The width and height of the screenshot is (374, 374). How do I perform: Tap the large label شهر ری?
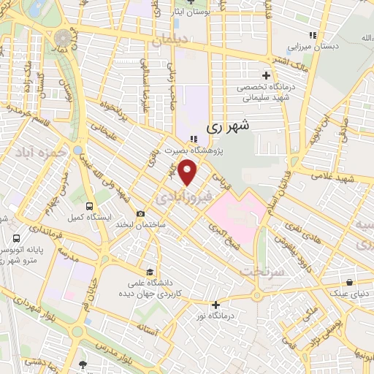click(228, 126)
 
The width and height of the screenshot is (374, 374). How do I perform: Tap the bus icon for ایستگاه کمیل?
click(89, 207)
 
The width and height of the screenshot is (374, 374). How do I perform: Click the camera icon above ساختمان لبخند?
click(140, 213)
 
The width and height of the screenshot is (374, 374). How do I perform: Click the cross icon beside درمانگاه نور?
click(215, 305)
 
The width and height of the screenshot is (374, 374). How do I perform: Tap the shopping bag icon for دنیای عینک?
click(351, 282)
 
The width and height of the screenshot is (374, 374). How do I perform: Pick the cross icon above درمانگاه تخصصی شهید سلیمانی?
click(266, 75)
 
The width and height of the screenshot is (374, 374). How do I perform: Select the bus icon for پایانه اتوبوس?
click(17, 238)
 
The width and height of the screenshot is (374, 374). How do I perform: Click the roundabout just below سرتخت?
click(257, 296)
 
